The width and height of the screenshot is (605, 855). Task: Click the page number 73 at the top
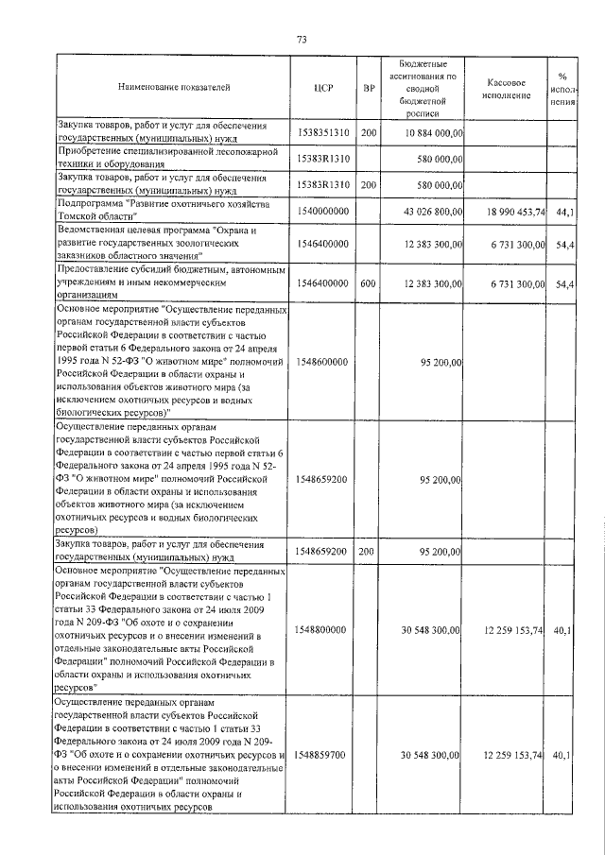pyautogui.click(x=302, y=40)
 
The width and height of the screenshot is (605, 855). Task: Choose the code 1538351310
pyautogui.click(x=322, y=133)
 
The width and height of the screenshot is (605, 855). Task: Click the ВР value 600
pyautogui.click(x=368, y=282)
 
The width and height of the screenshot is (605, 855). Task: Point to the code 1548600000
pyautogui.click(x=322, y=362)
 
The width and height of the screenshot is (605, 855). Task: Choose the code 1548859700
pyautogui.click(x=322, y=755)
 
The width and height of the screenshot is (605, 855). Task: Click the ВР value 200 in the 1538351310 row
pyautogui.click(x=368, y=133)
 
